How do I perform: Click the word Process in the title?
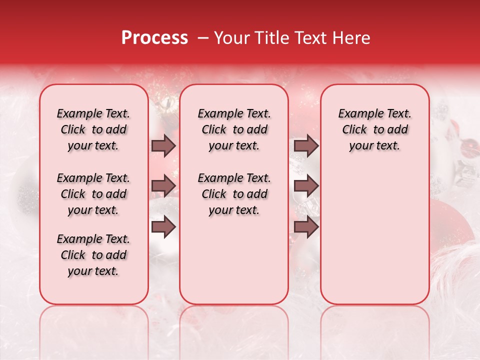tap(154, 38)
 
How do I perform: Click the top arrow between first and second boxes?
tap(163, 145)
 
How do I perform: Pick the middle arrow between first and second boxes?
tap(163, 186)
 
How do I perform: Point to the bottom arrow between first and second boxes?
tap(163, 226)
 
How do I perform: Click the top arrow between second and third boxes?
tap(306, 145)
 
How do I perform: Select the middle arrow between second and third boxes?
tap(306, 186)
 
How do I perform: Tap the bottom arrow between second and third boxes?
tap(306, 226)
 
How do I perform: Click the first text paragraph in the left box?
tap(93, 129)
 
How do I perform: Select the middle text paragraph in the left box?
tap(93, 194)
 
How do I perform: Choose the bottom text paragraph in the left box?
tap(93, 255)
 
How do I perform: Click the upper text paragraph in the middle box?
tap(234, 129)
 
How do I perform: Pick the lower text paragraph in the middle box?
tap(234, 194)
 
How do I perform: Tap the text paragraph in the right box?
tap(375, 129)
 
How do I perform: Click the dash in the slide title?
tap(202, 38)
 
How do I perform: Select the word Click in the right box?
tap(354, 130)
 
